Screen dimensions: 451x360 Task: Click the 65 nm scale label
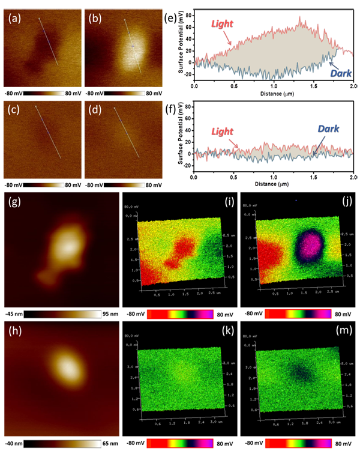coord(108,444)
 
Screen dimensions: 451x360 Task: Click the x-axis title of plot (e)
coord(275,94)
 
